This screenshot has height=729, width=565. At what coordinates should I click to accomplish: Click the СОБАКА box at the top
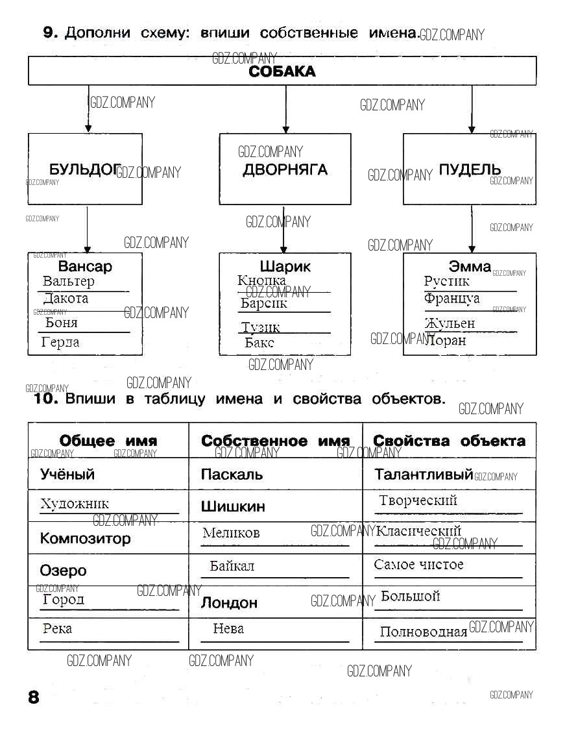tap(282, 71)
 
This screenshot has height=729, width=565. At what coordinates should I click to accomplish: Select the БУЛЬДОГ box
tap(85, 169)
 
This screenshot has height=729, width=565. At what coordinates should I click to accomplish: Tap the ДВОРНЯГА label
tap(285, 170)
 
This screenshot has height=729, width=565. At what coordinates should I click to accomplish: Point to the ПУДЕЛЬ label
tap(470, 169)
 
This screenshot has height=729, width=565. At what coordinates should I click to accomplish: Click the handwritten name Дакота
tap(66, 299)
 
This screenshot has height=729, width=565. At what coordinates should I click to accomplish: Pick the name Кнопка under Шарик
tap(261, 280)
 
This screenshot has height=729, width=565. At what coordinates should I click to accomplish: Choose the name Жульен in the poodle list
tap(450, 323)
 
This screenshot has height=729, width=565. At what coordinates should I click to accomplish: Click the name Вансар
tap(85, 266)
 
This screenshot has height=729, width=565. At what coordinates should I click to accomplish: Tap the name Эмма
tap(470, 266)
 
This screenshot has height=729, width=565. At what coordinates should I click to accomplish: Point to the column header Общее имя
tap(108, 441)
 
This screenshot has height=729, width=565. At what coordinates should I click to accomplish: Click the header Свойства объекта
tap(449, 441)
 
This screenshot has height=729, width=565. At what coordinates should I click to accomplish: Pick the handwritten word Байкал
tap(232, 566)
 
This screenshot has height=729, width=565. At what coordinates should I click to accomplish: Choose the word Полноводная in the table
tap(423, 632)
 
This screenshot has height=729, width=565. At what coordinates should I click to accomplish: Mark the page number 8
tap(34, 698)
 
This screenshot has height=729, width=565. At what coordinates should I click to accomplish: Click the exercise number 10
tap(47, 399)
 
